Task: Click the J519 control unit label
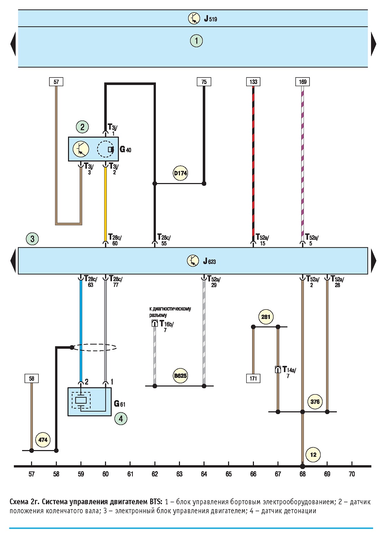(x=210, y=19)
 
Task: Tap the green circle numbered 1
(x=196, y=40)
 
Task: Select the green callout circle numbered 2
(x=82, y=127)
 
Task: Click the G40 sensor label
(x=125, y=149)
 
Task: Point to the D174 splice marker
(x=180, y=173)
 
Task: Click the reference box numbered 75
(x=204, y=82)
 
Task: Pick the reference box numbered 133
(x=253, y=82)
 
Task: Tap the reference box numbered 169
(x=303, y=82)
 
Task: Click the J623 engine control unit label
(x=209, y=261)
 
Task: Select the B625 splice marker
(x=180, y=376)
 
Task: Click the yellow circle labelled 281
(x=266, y=317)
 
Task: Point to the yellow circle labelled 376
(x=315, y=402)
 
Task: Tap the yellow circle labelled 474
(x=43, y=440)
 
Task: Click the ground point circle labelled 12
(x=313, y=455)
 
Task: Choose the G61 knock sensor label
(x=120, y=403)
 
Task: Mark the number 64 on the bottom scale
(x=204, y=474)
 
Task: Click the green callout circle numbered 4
(x=121, y=419)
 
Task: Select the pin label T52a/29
(x=214, y=282)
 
